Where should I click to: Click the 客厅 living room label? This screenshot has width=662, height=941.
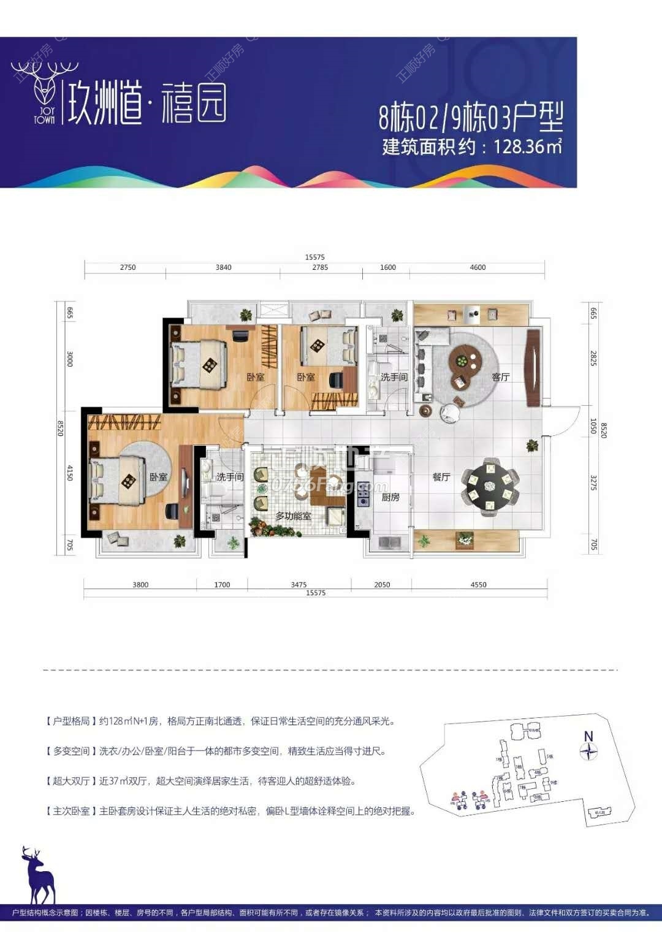point(501,377)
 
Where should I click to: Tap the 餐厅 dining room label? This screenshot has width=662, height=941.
point(441,477)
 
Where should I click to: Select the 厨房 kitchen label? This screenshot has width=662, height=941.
point(390,497)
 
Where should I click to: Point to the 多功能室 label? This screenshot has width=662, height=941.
point(293,516)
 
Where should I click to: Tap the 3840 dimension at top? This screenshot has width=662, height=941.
point(224,267)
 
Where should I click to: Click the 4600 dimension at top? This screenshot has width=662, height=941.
point(477,267)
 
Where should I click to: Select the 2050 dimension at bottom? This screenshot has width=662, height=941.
point(382,585)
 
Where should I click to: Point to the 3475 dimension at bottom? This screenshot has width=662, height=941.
point(299,585)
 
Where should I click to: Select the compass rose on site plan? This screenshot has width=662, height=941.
point(588,752)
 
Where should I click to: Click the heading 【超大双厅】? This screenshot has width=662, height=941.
point(70,781)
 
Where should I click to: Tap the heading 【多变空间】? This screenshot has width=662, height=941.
point(70,751)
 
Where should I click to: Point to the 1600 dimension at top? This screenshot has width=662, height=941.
point(388,267)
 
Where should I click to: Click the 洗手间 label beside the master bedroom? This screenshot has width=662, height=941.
point(230,476)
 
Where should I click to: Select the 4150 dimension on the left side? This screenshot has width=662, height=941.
point(70,473)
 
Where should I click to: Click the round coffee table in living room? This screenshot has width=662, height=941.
point(465,361)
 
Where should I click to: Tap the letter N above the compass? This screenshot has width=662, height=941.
point(588,736)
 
